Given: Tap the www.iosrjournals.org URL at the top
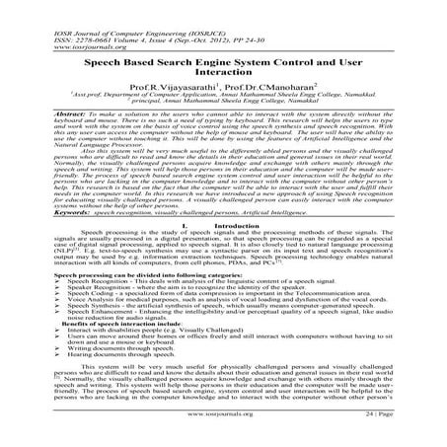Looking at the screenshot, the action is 52,36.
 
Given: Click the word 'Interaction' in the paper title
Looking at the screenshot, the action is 224,72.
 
